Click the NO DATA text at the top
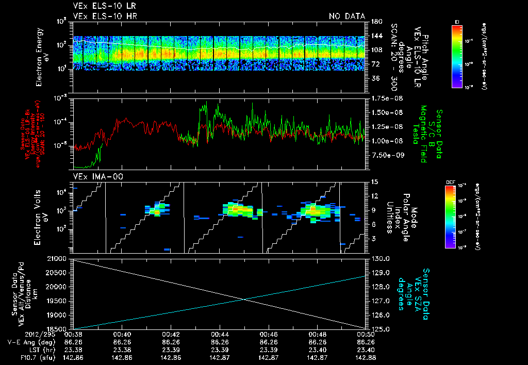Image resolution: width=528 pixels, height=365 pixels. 347,16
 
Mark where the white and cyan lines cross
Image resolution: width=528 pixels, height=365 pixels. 243,300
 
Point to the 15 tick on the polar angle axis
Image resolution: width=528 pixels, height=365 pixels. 374,182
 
